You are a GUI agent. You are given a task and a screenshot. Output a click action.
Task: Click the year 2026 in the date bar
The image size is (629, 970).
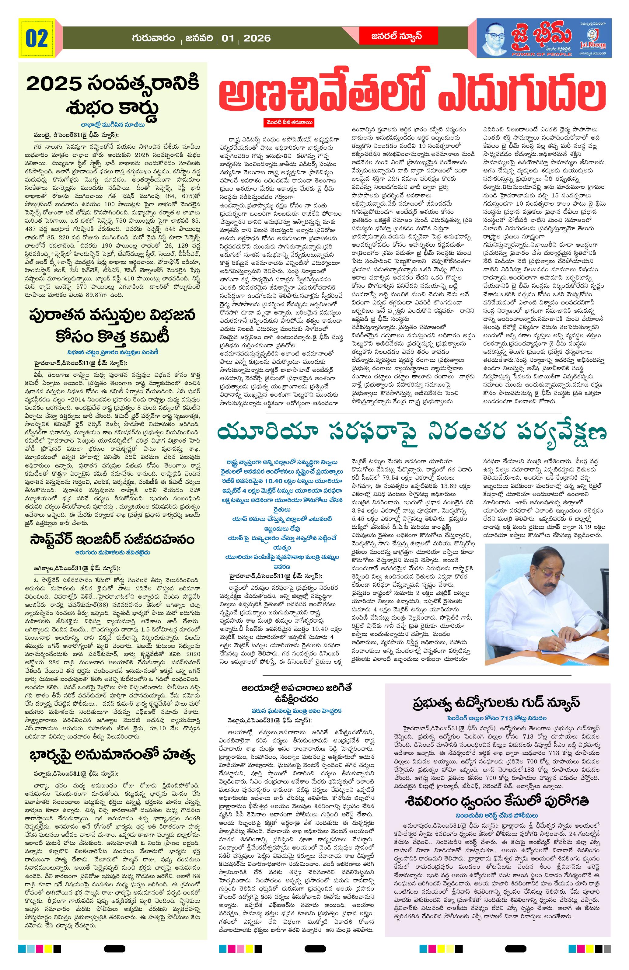(257, 38)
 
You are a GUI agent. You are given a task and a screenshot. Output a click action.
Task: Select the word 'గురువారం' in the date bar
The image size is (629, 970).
(153, 38)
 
